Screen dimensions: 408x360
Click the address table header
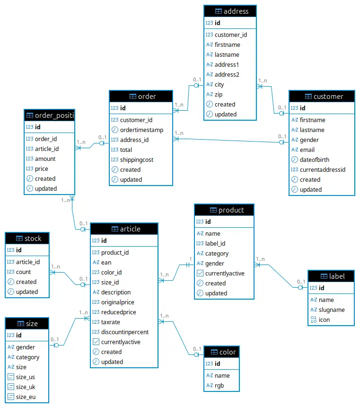(230, 11)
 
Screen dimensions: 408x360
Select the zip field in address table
(219, 94)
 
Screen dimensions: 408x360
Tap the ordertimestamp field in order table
(141, 130)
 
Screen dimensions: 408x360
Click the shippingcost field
(137, 160)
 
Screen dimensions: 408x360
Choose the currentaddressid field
(323, 169)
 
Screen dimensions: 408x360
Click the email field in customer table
(307, 150)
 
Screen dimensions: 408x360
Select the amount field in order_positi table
(45, 159)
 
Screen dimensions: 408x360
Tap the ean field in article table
(106, 262)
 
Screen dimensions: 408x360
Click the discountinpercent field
(125, 332)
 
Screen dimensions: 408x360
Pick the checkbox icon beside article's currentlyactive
(96, 342)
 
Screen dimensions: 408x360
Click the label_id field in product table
(215, 243)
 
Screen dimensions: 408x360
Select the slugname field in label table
(332, 310)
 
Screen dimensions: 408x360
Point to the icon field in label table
(324, 319)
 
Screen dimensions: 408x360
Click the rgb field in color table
(220, 385)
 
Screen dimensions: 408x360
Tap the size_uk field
(26, 387)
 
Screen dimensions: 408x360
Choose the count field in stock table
(23, 272)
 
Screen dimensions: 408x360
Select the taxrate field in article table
(111, 322)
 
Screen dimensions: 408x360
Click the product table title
(225, 210)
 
